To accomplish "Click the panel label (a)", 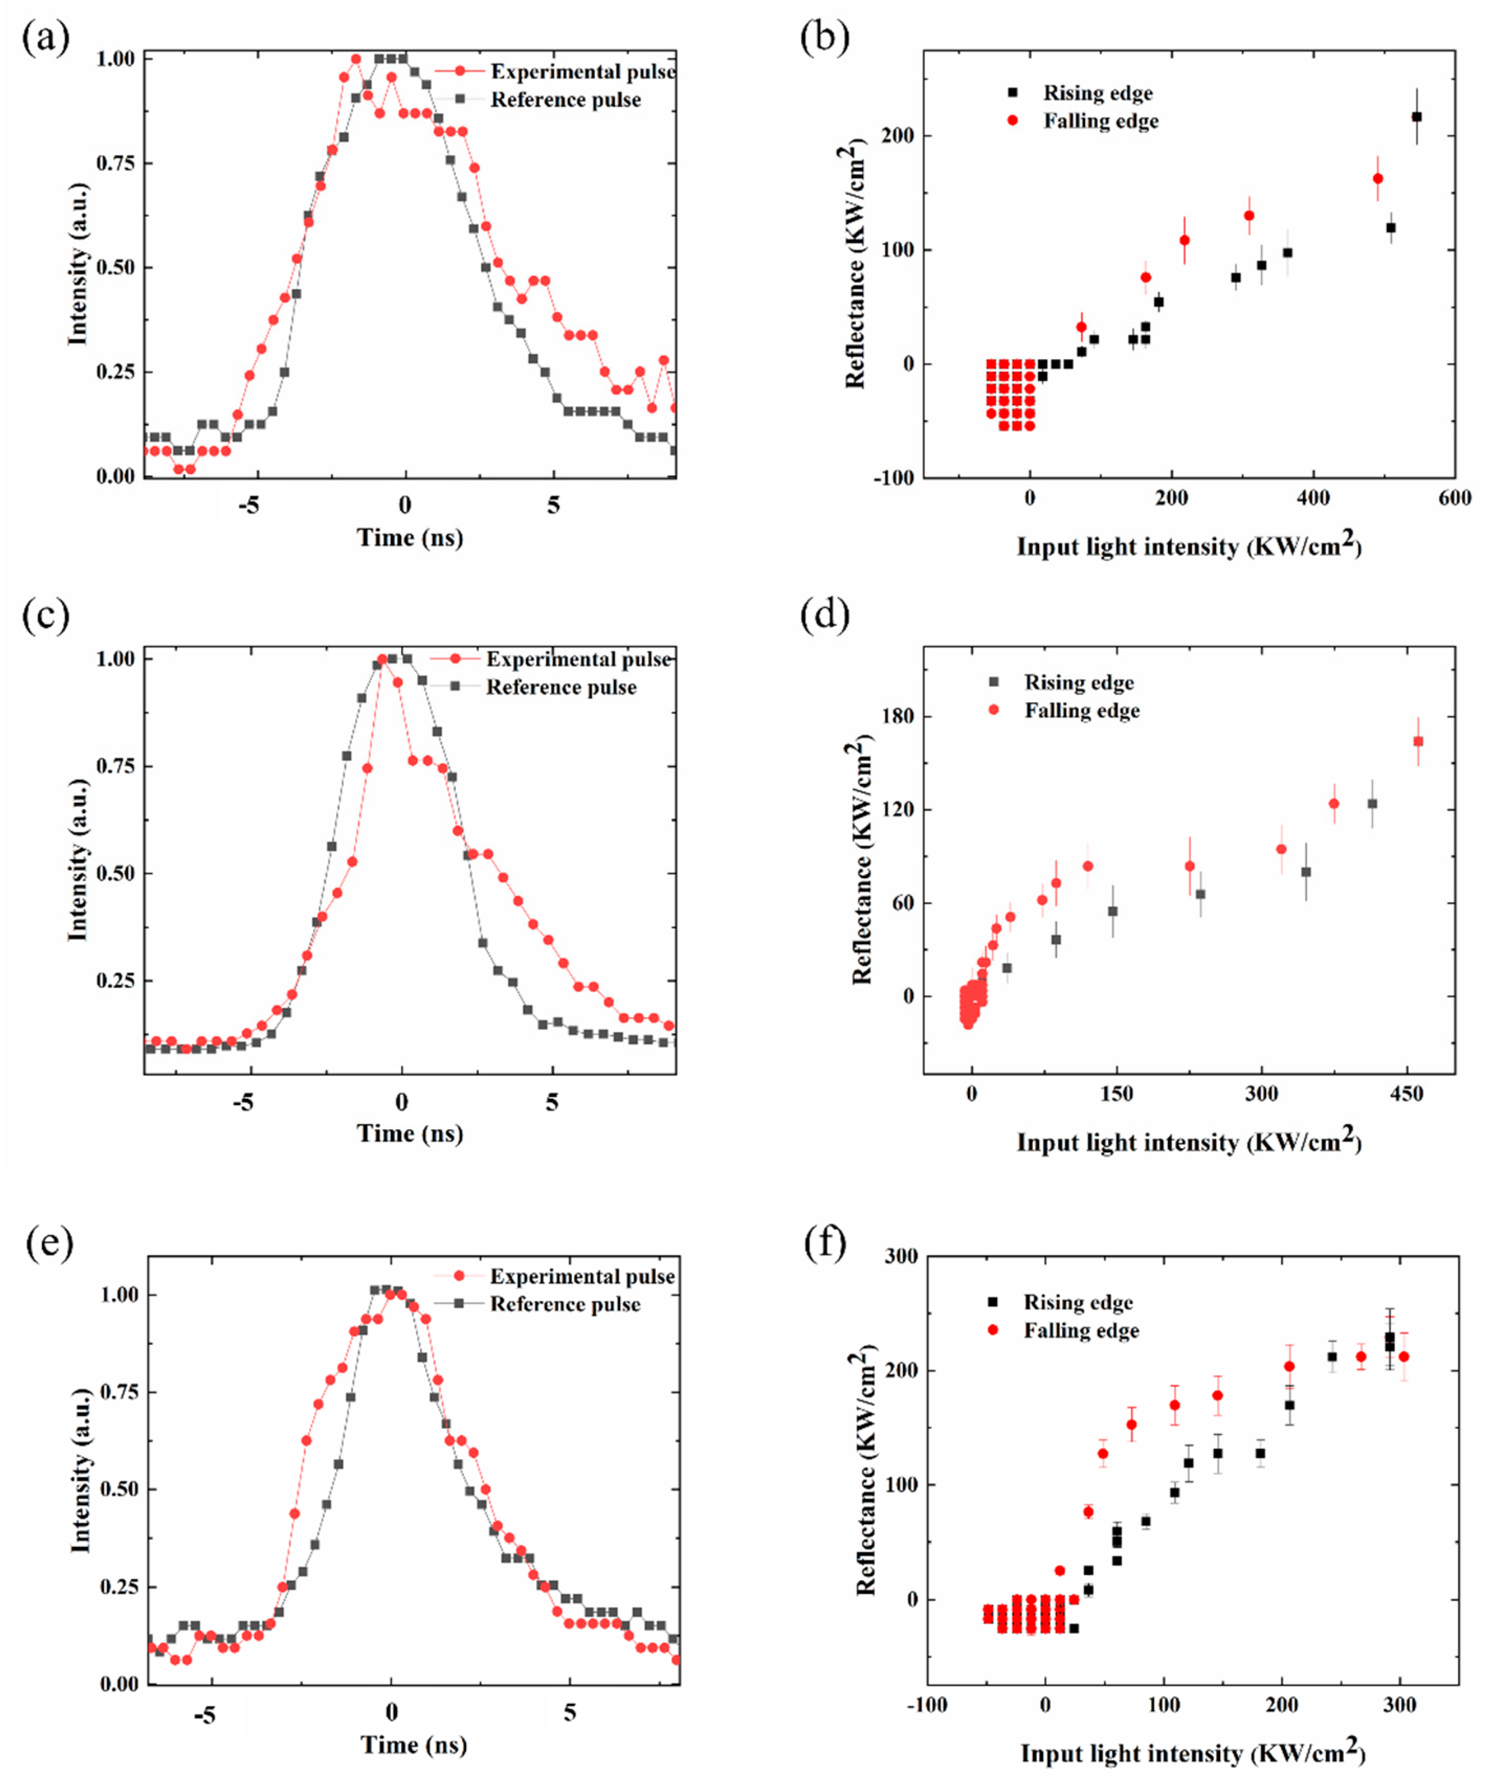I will pyautogui.click(x=46, y=39).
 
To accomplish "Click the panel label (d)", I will pyautogui.click(x=825, y=615).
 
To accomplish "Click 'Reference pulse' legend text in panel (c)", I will pyautogui.click(x=561, y=687).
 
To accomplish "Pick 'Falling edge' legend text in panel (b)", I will pyautogui.click(x=1101, y=121).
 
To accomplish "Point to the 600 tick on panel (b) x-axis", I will pyautogui.click(x=1453, y=498).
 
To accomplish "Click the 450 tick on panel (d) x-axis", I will pyautogui.click(x=1406, y=1094).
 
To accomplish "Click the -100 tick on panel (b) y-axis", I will pyautogui.click(x=893, y=478).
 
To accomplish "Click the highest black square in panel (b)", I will pyautogui.click(x=1416, y=117).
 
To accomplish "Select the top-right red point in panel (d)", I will pyautogui.click(x=1417, y=741).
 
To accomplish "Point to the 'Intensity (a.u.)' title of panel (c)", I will pyautogui.click(x=79, y=860).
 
